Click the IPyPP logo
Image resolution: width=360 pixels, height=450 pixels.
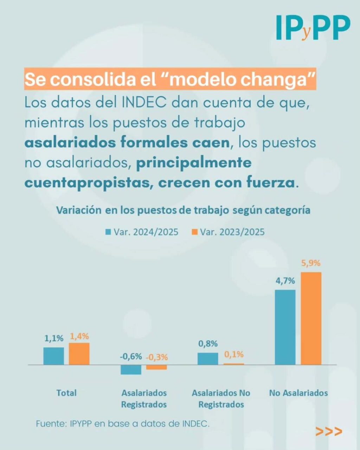(x=313, y=27)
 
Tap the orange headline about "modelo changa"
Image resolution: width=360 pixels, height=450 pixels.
(x=170, y=79)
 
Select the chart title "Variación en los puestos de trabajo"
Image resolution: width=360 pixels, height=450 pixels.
(x=183, y=210)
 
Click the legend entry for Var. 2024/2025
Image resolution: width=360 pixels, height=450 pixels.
(x=142, y=232)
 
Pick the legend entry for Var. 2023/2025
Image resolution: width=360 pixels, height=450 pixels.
(x=228, y=232)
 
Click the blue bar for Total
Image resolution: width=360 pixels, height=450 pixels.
(x=54, y=356)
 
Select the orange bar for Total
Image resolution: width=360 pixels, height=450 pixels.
(x=79, y=354)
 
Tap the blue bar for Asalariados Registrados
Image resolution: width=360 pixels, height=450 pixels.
(x=131, y=369)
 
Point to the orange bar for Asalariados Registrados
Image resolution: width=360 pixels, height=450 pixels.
(x=156, y=367)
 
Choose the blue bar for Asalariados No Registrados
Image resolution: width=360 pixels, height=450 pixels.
(x=208, y=359)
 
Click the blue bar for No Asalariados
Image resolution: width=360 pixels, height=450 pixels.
(x=285, y=327)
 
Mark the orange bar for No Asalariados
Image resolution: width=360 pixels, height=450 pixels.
(x=311, y=318)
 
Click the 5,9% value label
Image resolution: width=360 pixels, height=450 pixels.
(x=311, y=263)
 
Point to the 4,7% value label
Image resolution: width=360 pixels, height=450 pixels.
(x=285, y=281)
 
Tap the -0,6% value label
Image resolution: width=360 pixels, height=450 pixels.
(x=131, y=356)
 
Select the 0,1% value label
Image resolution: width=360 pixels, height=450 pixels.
(x=234, y=354)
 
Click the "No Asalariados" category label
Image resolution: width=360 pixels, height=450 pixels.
(x=298, y=393)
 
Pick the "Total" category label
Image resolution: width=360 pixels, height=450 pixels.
(x=66, y=393)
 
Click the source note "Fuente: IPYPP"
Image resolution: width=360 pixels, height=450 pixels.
(x=123, y=424)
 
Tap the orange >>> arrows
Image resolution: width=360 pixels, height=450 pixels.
(x=329, y=431)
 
